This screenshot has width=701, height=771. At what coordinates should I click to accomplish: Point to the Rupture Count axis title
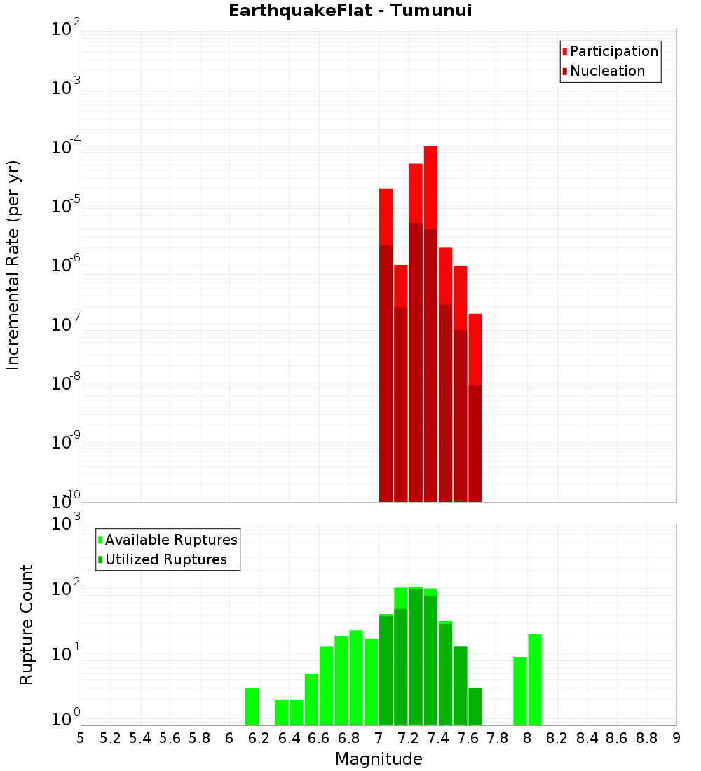(26, 625)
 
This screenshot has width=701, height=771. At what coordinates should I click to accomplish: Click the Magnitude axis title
(379, 759)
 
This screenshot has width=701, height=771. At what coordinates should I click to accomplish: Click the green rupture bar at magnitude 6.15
(252, 707)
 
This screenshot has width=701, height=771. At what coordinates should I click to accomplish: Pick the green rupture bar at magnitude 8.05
(535, 680)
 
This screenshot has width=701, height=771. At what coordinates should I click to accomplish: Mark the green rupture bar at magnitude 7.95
(520, 691)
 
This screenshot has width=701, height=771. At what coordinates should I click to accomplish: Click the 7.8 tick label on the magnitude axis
(497, 737)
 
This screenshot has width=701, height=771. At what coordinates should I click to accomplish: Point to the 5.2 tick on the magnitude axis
(110, 737)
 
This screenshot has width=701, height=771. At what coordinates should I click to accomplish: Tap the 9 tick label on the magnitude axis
(676, 737)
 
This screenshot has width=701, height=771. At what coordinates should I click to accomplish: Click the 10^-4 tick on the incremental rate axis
(67, 147)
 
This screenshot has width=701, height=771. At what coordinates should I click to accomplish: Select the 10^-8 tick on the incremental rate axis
(67, 383)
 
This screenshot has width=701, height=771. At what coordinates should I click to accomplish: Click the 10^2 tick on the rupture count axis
(67, 589)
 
